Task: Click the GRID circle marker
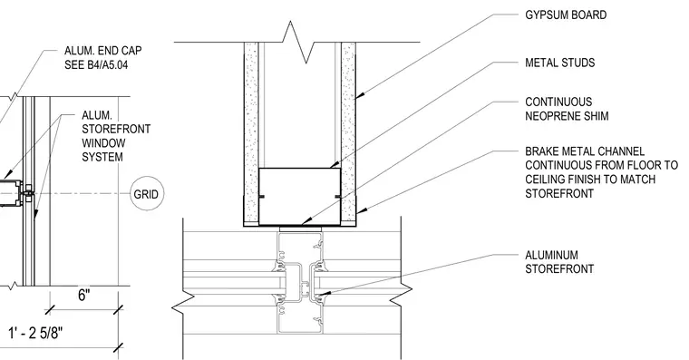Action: (x=147, y=194)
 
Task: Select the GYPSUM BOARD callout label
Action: (x=566, y=15)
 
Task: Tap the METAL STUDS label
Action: (x=560, y=63)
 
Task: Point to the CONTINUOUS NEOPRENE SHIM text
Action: (x=567, y=109)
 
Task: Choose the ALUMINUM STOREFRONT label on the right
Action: (x=559, y=262)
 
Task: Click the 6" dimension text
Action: (x=84, y=295)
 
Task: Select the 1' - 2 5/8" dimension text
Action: (x=35, y=333)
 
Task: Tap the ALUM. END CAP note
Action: (x=102, y=51)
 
